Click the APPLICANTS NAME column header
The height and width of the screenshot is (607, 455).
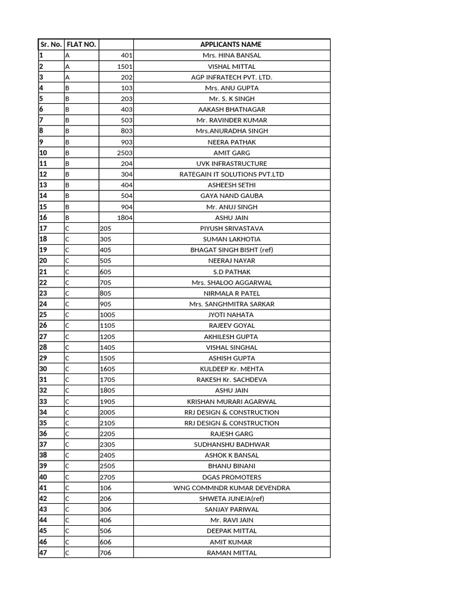tap(231, 44)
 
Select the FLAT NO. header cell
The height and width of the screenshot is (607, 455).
tap(82, 44)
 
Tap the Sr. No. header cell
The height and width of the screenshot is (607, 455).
tap(51, 44)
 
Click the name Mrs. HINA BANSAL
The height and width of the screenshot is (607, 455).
tap(231, 55)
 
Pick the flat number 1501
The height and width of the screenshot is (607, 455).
tap(124, 66)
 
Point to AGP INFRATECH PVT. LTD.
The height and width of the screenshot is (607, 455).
tap(231, 77)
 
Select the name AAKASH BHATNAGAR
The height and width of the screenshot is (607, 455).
tap(231, 110)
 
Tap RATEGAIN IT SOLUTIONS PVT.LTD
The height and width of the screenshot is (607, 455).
tap(231, 174)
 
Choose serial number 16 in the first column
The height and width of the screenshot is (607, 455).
tap(43, 218)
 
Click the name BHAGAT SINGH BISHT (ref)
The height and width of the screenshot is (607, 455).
tap(231, 250)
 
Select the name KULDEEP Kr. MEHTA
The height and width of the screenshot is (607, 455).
tap(231, 369)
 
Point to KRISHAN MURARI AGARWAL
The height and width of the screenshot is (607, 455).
tap(231, 401)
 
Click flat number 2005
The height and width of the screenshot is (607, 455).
tap(107, 412)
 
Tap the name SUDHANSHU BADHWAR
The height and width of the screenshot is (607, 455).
tap(231, 445)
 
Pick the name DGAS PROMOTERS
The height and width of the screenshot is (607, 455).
tap(231, 477)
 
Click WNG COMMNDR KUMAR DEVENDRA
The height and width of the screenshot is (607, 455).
tap(231, 488)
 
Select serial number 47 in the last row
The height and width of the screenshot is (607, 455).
tap(43, 552)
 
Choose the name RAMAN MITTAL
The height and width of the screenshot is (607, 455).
tap(231, 552)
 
